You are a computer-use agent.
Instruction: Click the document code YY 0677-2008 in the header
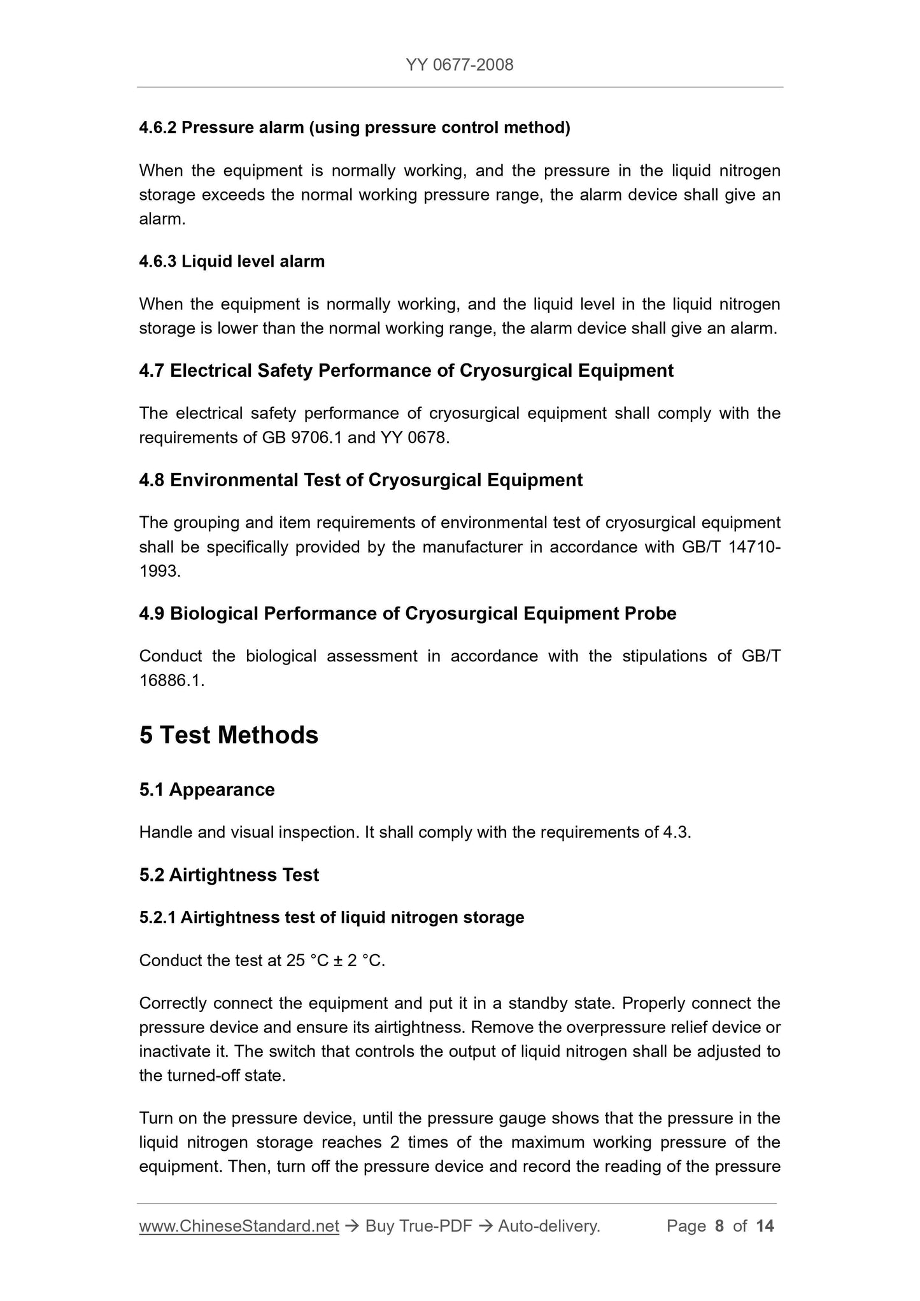coord(459,64)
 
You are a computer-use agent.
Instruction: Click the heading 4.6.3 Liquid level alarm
coord(232,262)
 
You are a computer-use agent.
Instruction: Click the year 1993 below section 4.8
coord(159,571)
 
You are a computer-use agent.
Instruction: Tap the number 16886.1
coord(170,680)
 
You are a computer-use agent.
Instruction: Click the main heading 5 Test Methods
coord(229,735)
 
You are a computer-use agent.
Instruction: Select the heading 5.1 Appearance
coord(207,790)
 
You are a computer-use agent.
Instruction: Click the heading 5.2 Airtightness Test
coord(229,875)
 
